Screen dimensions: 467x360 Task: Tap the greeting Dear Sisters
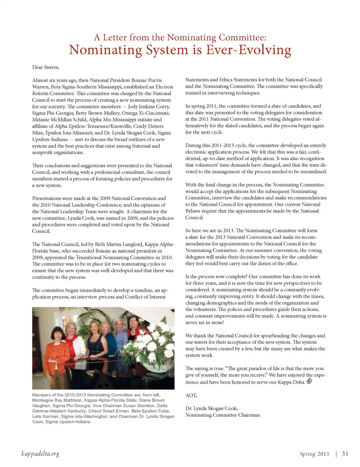click(45, 67)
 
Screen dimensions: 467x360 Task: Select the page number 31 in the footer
click(345, 453)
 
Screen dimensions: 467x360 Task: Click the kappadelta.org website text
click(40, 454)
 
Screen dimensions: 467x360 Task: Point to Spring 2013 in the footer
click(314, 454)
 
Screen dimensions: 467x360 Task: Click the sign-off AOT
click(191, 395)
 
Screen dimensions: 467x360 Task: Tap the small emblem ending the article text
click(309, 381)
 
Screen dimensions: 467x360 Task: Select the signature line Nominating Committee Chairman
click(222, 415)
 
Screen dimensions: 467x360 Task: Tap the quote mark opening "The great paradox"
click(227, 368)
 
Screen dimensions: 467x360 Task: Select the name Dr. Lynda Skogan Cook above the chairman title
click(211, 408)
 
